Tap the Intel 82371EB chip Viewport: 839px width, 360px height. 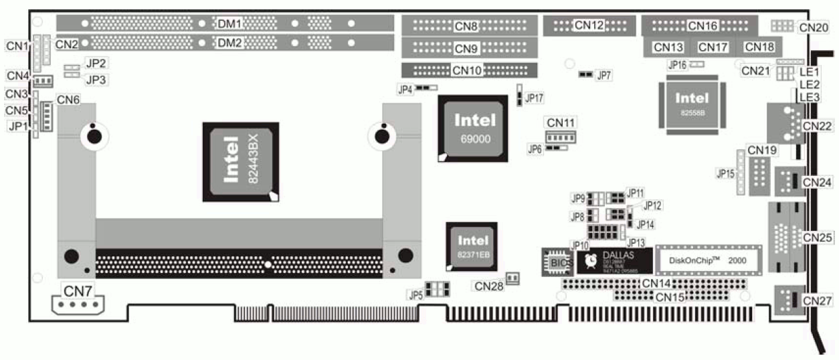pyautogui.click(x=473, y=246)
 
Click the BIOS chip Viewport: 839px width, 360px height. pyautogui.click(x=558, y=262)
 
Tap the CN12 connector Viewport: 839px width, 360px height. pyautogui.click(x=589, y=25)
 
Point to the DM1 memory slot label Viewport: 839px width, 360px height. pyautogui.click(x=229, y=23)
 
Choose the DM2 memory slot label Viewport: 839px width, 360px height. pyautogui.click(x=229, y=43)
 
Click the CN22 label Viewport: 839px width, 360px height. pyautogui.click(x=818, y=125)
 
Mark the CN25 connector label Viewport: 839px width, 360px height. pyautogui.click(x=818, y=237)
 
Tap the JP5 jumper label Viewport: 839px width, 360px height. pyautogui.click(x=415, y=293)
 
